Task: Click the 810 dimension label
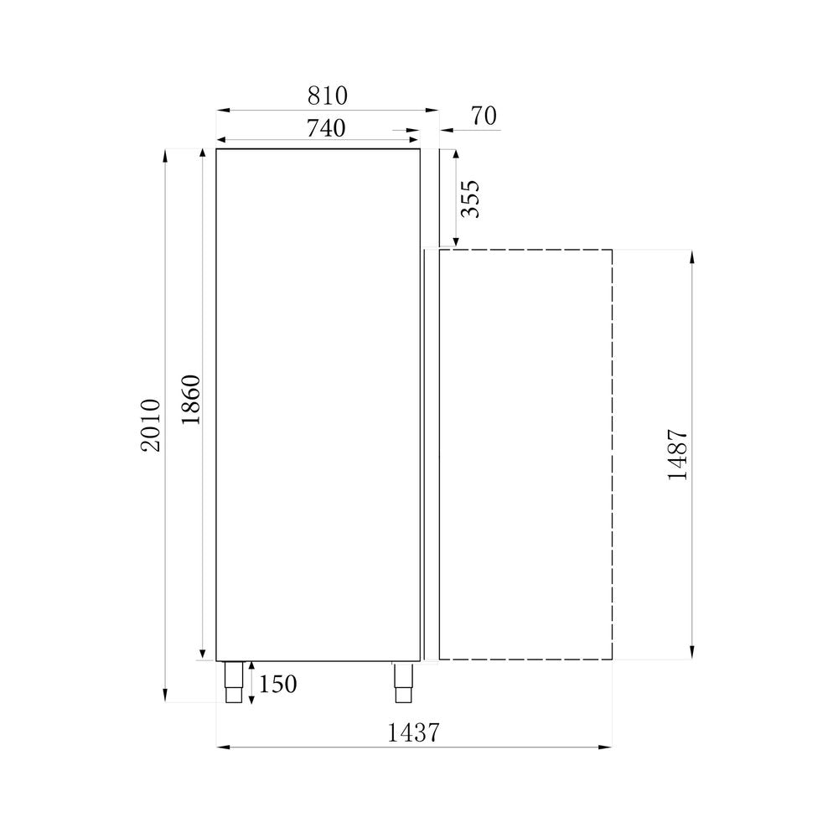(x=328, y=96)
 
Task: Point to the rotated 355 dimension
(x=471, y=199)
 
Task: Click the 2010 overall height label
(x=151, y=425)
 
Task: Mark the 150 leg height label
(x=277, y=685)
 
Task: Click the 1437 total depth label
(x=414, y=733)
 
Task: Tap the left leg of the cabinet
(x=233, y=682)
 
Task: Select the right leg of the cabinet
(x=404, y=682)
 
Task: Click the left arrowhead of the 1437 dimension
(x=222, y=747)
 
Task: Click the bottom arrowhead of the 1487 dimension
(x=691, y=654)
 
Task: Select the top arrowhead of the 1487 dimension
(x=691, y=255)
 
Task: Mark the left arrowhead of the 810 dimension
(x=222, y=110)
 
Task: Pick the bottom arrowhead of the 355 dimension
(x=457, y=242)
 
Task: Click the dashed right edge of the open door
(x=612, y=453)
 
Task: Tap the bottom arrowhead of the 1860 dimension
(x=202, y=654)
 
